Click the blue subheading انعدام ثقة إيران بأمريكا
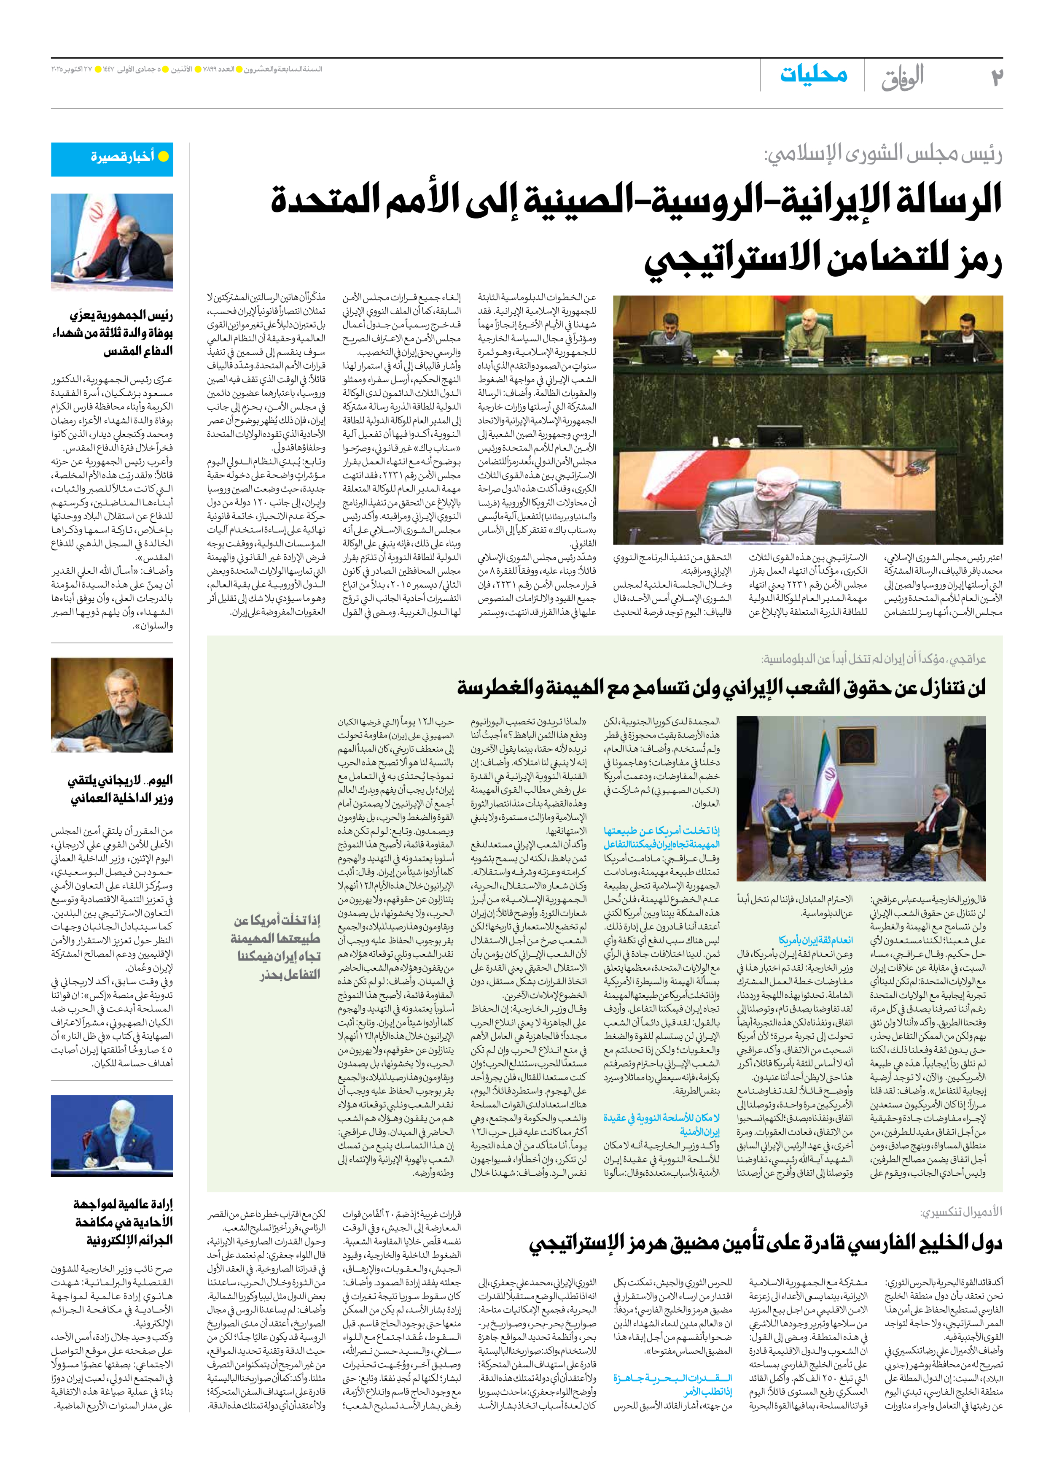(815, 940)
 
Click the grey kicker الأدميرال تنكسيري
(960, 1212)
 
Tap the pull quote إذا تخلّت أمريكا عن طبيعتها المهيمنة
(277, 947)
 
